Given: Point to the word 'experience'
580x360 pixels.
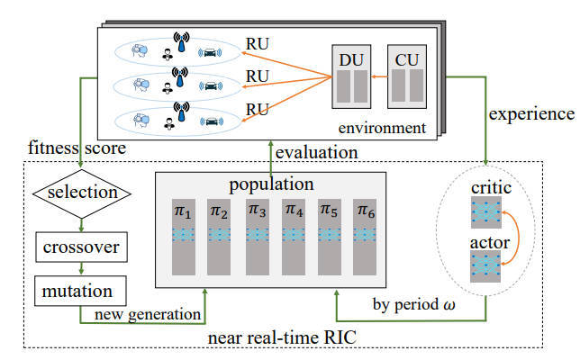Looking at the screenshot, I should point(530,114).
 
